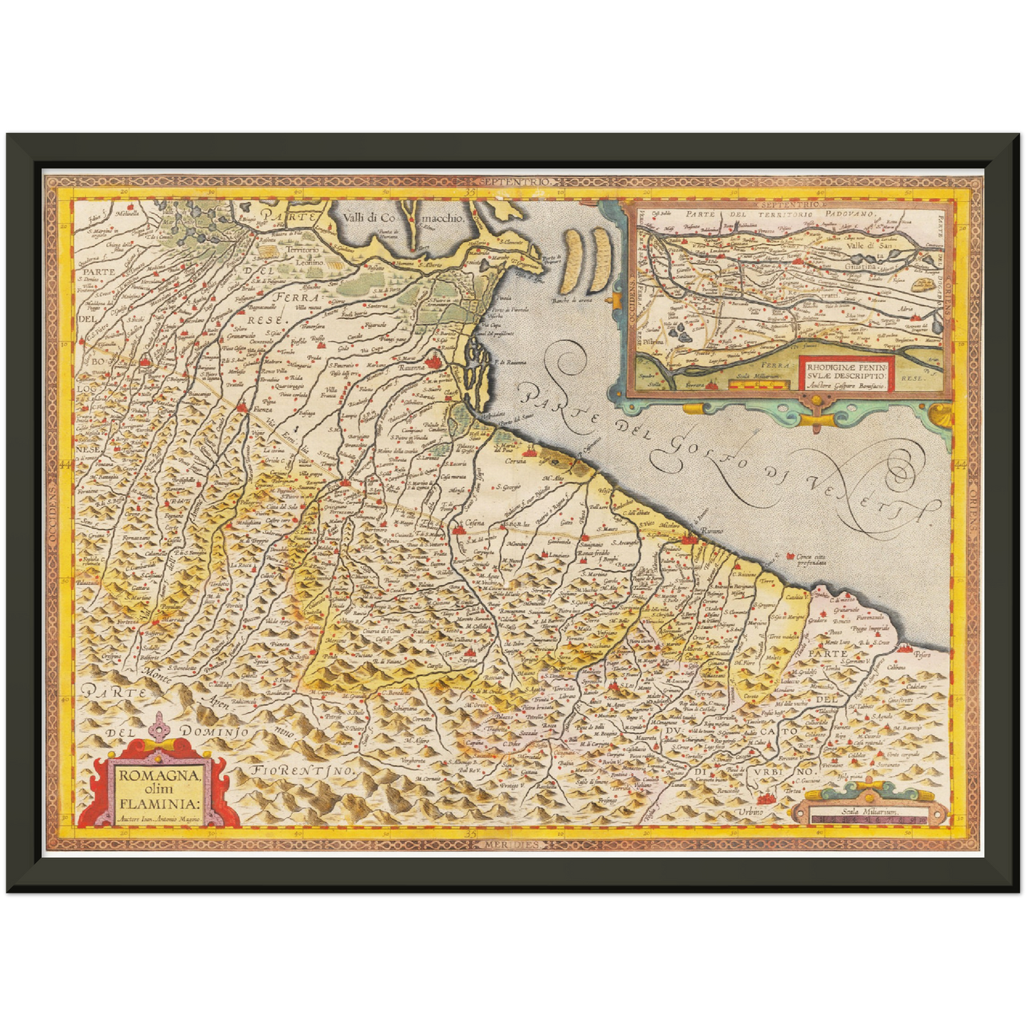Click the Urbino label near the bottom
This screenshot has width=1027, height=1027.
pos(753,812)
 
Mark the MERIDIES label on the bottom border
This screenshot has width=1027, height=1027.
pos(513,844)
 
